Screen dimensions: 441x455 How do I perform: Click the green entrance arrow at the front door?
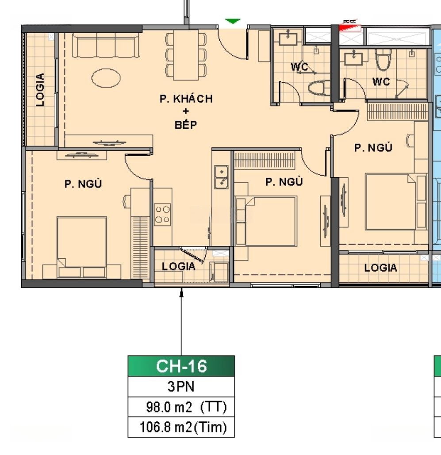click(x=233, y=21)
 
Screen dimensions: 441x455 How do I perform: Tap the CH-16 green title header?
click(x=181, y=366)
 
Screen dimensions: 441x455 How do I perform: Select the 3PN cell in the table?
click(x=181, y=386)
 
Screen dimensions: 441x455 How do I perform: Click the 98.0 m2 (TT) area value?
click(x=186, y=407)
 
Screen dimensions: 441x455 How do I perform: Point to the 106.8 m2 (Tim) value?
click(x=183, y=427)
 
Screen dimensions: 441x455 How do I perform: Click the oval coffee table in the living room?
click(x=106, y=78)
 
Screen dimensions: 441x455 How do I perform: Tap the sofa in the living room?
click(x=106, y=45)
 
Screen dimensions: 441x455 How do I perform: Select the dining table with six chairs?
click(x=186, y=55)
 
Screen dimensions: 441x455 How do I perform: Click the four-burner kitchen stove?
click(x=162, y=214)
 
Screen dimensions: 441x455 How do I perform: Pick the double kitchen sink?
click(x=221, y=177)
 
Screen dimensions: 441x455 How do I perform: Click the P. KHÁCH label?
click(x=186, y=99)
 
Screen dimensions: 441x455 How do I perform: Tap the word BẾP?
click(x=186, y=124)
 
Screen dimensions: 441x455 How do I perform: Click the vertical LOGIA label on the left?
click(x=40, y=90)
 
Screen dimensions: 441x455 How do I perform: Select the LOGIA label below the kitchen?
click(x=178, y=266)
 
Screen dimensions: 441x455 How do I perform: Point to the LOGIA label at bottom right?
click(x=380, y=268)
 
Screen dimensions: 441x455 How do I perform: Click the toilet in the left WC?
click(x=319, y=88)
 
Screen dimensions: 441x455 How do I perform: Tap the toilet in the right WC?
click(x=383, y=60)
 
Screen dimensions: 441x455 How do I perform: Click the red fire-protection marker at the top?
click(x=350, y=27)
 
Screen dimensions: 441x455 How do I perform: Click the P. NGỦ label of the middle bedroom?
click(x=284, y=182)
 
